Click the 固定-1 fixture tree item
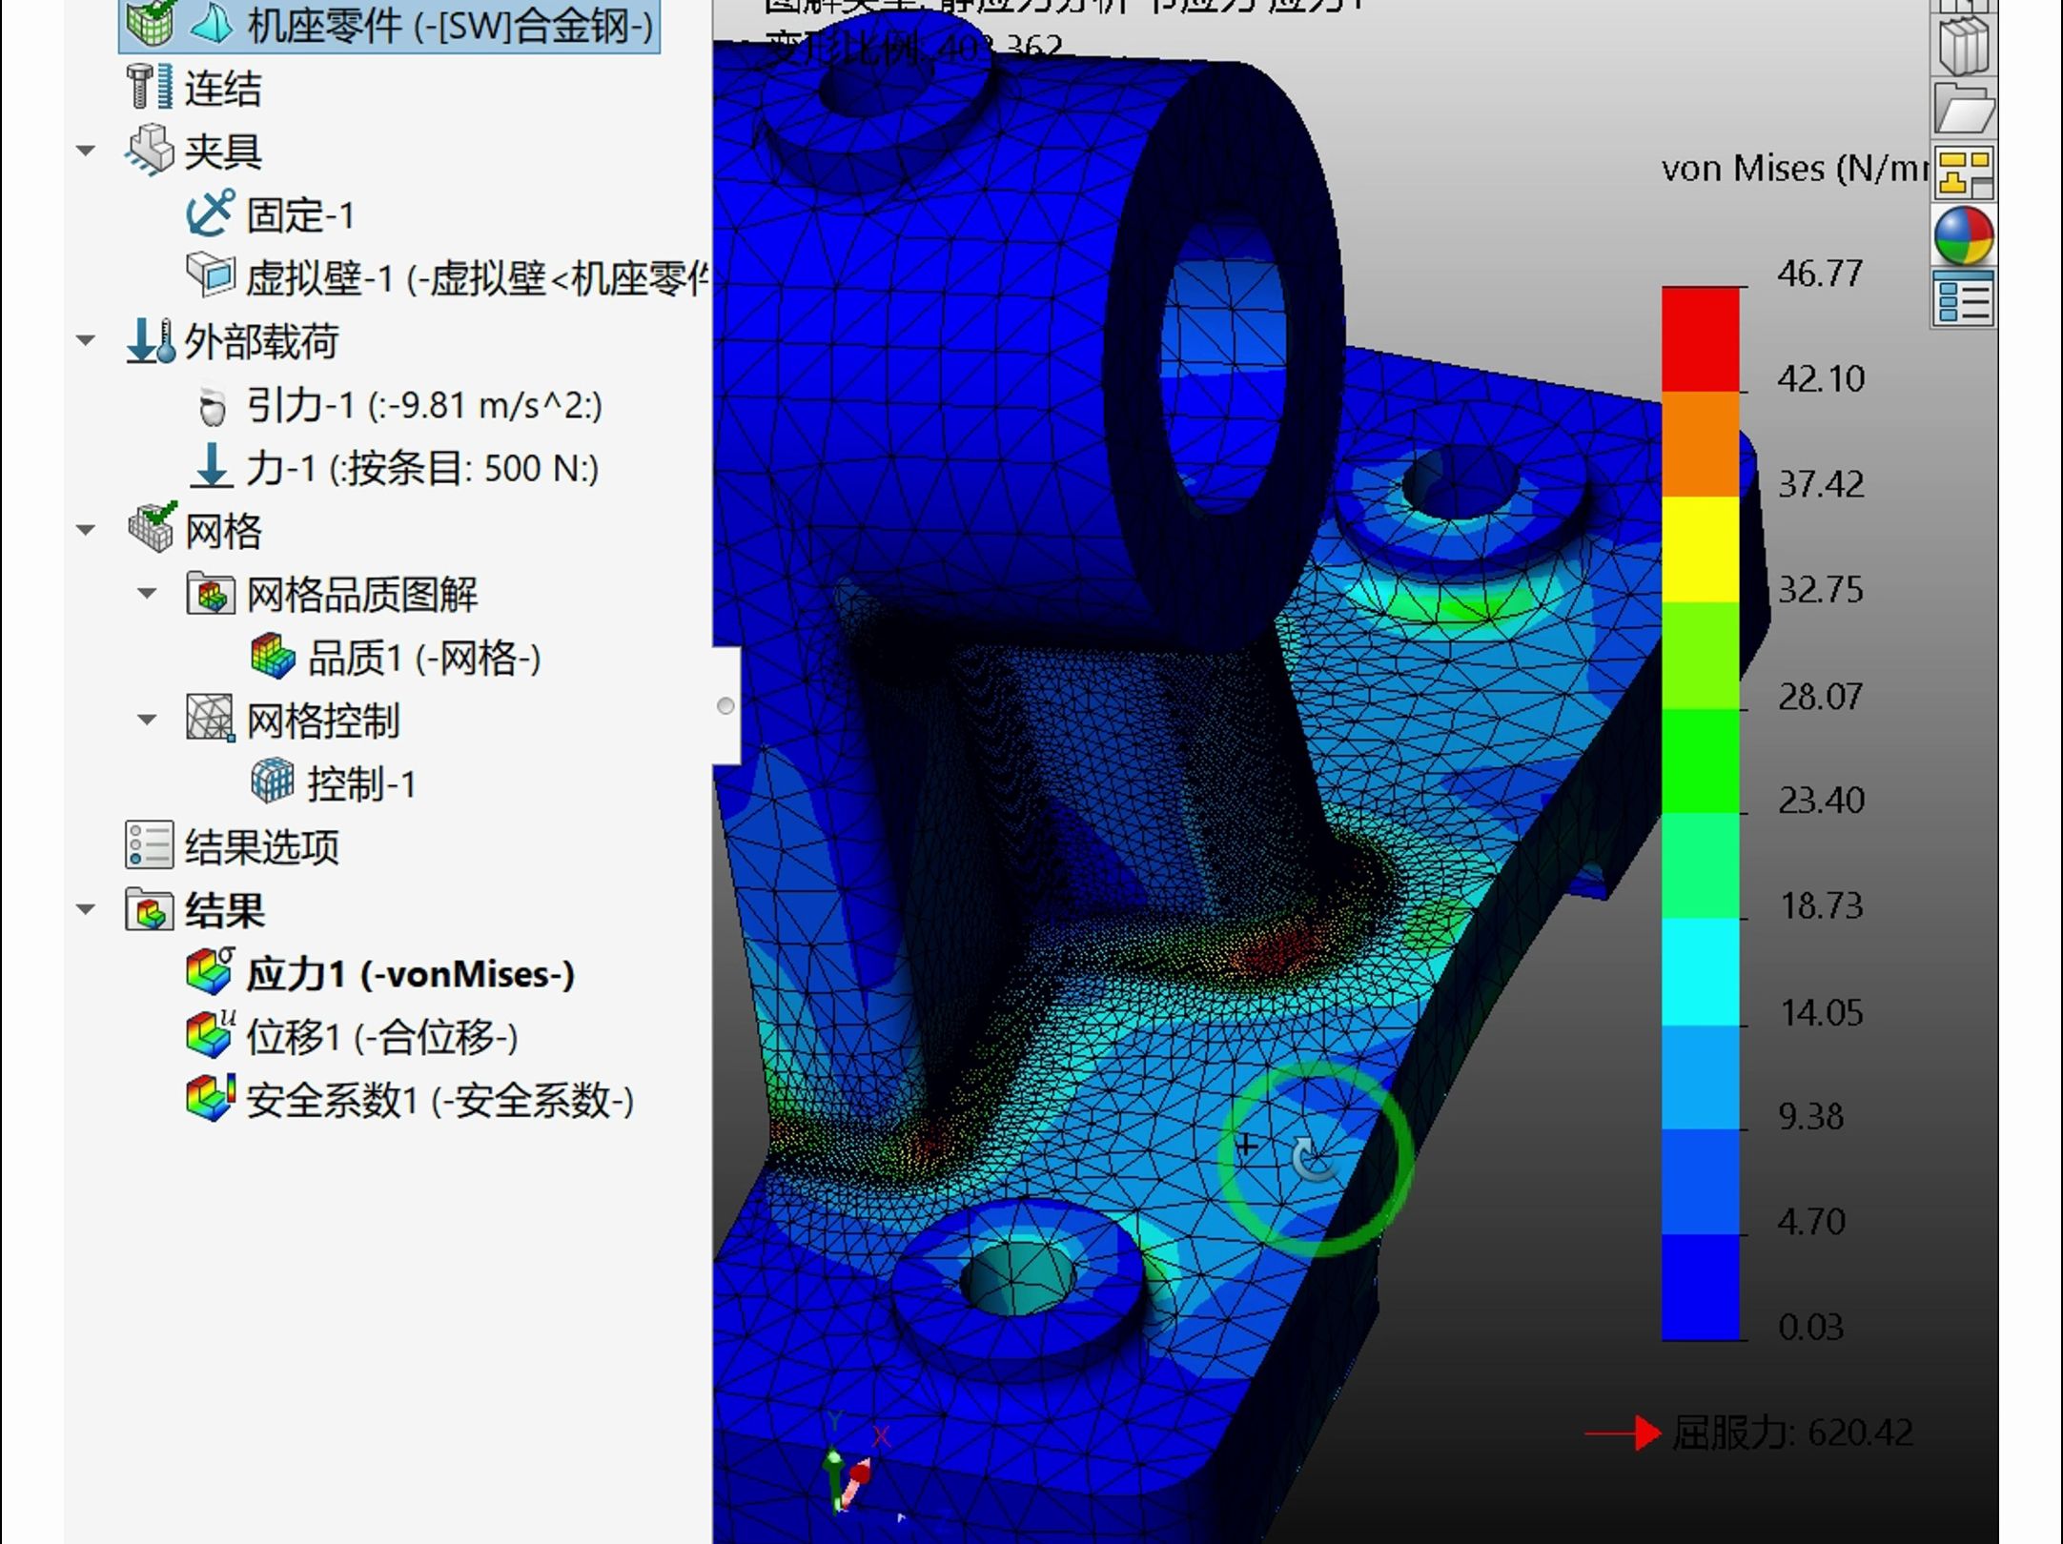click(x=299, y=215)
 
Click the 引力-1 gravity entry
click(x=423, y=406)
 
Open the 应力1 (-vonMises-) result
click(x=409, y=974)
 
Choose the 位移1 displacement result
click(x=381, y=1037)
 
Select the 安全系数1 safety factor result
click(x=439, y=1101)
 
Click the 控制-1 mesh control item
click(x=360, y=783)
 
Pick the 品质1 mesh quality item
click(x=423, y=658)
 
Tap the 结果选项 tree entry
click(x=260, y=846)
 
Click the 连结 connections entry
click(x=222, y=89)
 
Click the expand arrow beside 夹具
click(x=86, y=151)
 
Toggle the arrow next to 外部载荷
click(x=86, y=340)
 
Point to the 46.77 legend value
click(x=1819, y=274)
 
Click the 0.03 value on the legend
click(x=1810, y=1326)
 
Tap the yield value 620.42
click(x=1859, y=1432)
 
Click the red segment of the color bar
click(x=1700, y=338)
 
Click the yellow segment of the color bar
click(x=1700, y=549)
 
